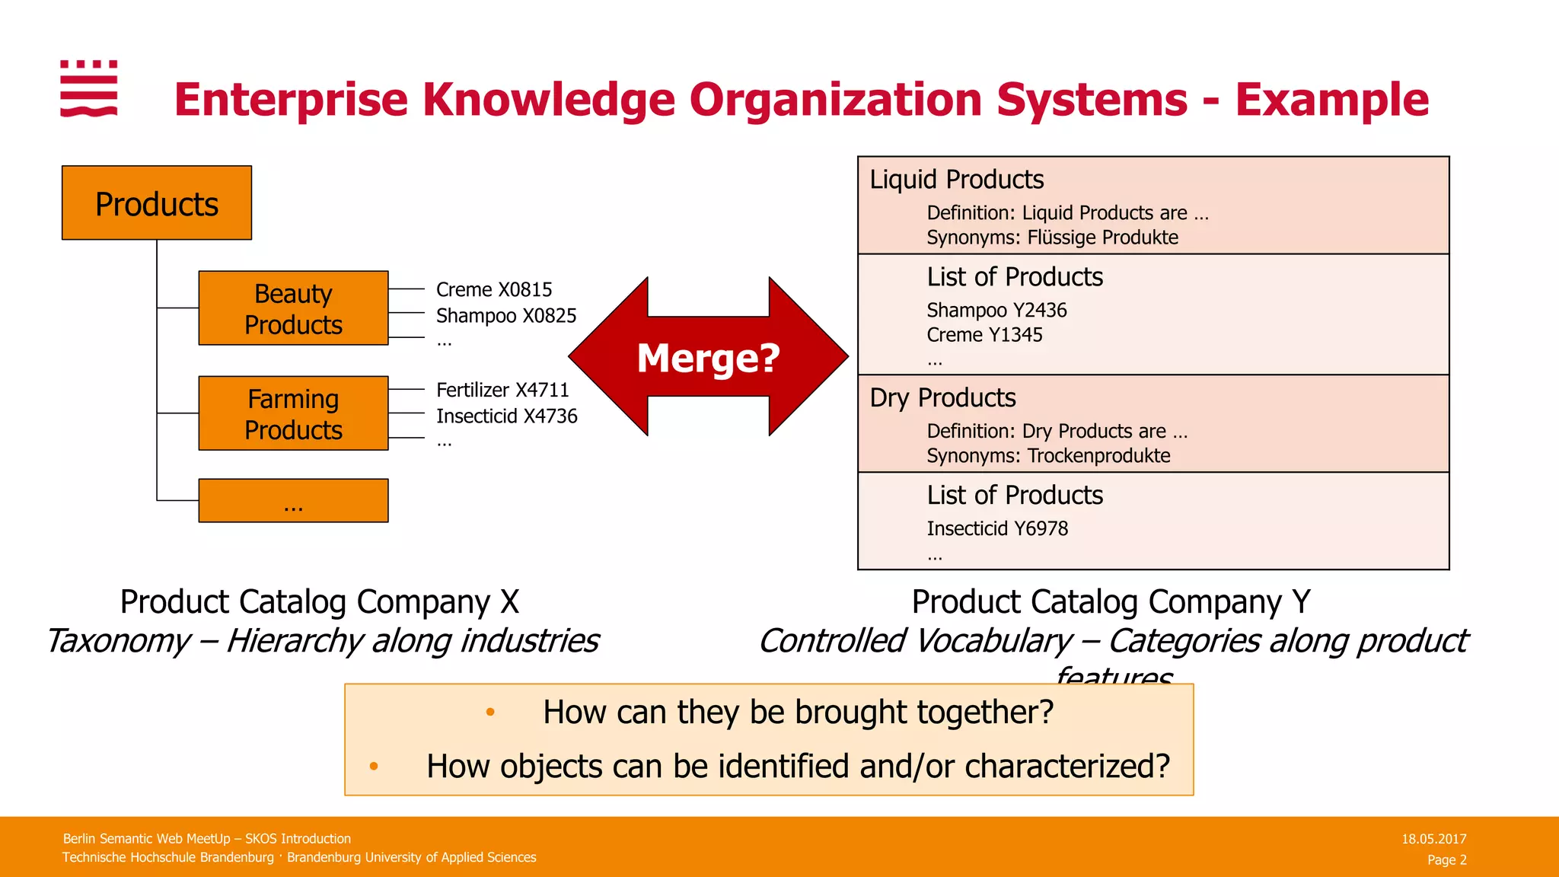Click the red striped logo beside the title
pos(89,88)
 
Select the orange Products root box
pos(157,203)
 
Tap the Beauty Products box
pos(293,308)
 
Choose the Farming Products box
pos(293,413)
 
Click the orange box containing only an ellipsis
pos(293,501)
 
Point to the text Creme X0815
pos(494,290)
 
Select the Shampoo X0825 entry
pos(506,316)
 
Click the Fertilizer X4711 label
pos(502,391)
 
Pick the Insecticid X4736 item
pos(507,416)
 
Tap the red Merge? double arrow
pos(708,357)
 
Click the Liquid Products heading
pos(957,180)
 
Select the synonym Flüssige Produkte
pos(1102,238)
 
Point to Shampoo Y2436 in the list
pos(996,311)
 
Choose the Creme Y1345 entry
pos(984,335)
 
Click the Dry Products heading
pos(942,398)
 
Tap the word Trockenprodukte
pos(1098,456)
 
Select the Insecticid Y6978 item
pos(997,529)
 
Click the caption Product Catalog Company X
pos(320,602)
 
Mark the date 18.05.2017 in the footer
pos(1433,839)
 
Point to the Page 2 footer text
pos(1446,859)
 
